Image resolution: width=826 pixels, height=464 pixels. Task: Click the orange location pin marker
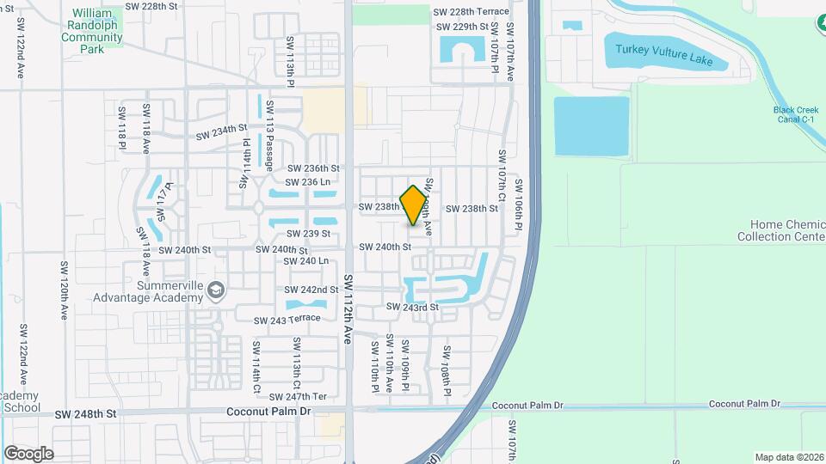pos(414,205)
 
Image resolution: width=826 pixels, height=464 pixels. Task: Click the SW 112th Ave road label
pos(348,309)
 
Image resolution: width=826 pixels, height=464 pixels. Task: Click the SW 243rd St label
pos(412,307)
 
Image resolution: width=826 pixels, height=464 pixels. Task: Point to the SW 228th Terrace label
pos(471,12)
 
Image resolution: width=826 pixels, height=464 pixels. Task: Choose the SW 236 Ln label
pos(309,182)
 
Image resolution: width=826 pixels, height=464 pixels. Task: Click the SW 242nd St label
pos(312,290)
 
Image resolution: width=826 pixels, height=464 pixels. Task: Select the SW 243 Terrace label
pos(287,320)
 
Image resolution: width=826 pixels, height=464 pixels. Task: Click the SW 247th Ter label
pos(298,397)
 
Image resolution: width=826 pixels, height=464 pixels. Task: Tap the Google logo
pos(28,453)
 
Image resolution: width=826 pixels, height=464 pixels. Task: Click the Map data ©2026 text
pos(789,457)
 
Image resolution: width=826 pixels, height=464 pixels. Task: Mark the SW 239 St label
pos(309,234)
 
